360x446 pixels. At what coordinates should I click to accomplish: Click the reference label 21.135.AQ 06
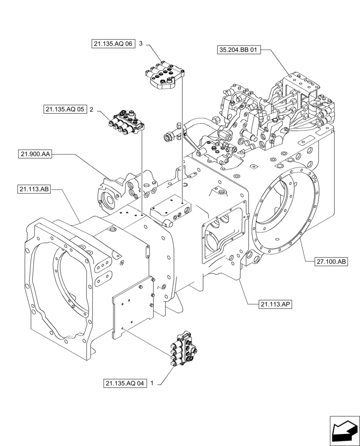[x=113, y=44]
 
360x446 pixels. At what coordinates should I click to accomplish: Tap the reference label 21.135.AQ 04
[x=125, y=383]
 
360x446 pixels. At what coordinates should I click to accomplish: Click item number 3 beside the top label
[x=141, y=44]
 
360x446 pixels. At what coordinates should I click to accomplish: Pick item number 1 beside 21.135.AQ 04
[x=153, y=383]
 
